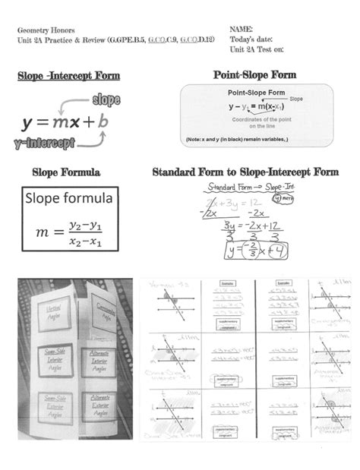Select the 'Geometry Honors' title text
tap(44, 28)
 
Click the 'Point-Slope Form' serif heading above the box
tap(255, 75)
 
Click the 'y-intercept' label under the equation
tap(44, 142)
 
